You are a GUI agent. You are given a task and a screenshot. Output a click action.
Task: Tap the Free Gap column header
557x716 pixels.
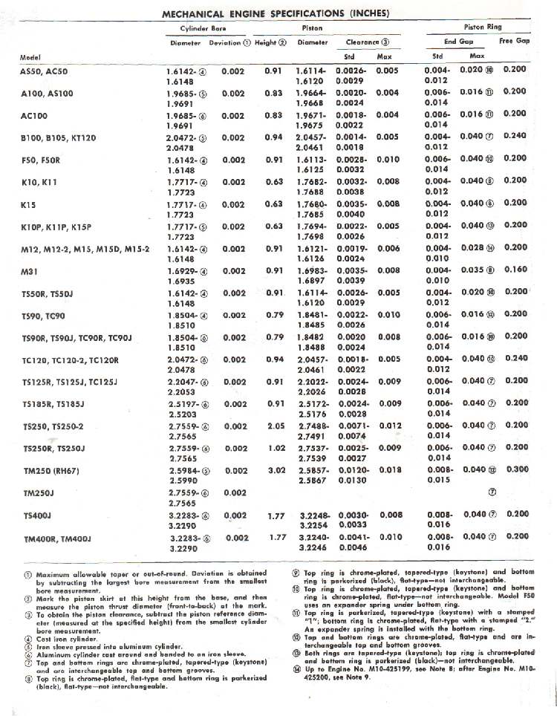514,42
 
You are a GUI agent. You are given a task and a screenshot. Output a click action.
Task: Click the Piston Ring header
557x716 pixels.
483,27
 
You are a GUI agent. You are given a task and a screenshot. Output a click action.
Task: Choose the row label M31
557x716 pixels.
28,272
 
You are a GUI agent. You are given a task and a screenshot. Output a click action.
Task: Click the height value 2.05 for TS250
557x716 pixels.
275,426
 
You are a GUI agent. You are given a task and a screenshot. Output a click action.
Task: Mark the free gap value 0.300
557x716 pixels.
515,469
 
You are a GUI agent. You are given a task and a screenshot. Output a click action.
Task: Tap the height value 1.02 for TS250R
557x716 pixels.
278,448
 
